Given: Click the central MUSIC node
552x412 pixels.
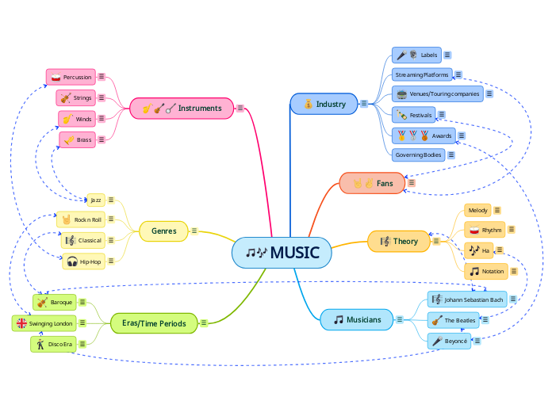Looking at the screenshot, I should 282,253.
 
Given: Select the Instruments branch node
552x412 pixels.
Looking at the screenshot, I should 182,108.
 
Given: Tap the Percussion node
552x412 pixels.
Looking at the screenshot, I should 71,77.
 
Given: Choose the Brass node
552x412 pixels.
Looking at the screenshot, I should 77,139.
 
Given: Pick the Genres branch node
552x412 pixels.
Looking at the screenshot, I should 163,231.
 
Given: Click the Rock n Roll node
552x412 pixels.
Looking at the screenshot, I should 79,219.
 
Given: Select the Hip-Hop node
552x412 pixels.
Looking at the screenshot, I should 83,261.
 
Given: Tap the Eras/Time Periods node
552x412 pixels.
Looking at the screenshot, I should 154,323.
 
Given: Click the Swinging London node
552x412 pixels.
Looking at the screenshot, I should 44,323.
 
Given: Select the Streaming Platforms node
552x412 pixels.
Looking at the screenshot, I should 421,74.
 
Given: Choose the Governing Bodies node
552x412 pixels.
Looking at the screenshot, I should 418,154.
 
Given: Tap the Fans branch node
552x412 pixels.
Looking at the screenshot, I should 373,183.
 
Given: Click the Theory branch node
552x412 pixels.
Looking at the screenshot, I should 399,241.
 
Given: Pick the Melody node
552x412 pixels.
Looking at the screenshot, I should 477,210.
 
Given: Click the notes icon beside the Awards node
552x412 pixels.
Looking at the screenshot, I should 462,135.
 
